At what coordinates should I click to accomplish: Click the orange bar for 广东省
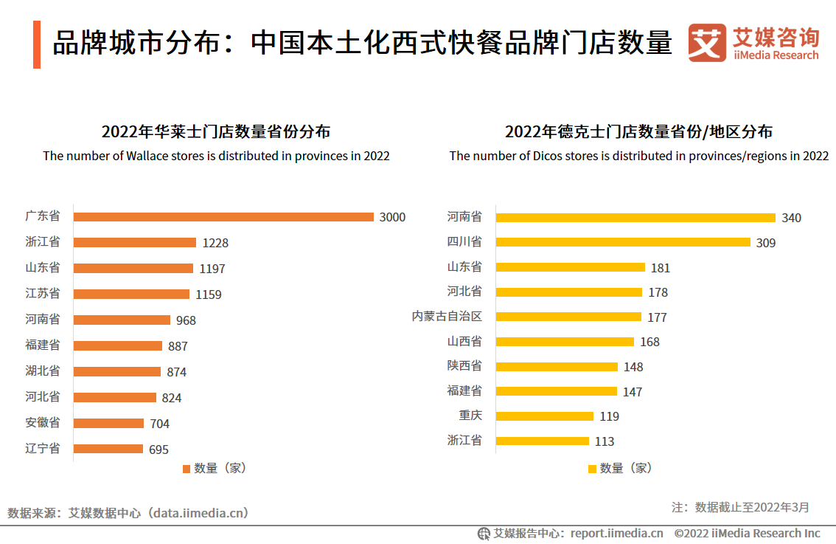(x=223, y=217)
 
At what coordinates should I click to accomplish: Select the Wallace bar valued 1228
(x=135, y=243)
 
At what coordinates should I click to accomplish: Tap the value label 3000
(x=392, y=217)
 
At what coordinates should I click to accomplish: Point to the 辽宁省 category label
(x=43, y=448)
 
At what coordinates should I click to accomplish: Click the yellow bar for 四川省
(x=623, y=242)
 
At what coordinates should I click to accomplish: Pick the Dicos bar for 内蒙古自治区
(x=568, y=317)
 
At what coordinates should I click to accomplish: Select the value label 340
(x=791, y=218)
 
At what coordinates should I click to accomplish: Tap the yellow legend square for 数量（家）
(x=592, y=469)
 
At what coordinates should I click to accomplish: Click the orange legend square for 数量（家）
(x=186, y=469)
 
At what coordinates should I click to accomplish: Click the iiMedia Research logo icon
(x=706, y=44)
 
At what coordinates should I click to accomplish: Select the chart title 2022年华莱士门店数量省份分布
(x=215, y=132)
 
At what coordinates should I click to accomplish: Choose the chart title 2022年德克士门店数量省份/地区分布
(x=638, y=132)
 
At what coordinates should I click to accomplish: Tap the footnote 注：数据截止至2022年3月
(x=740, y=507)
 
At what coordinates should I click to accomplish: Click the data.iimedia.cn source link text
(x=197, y=512)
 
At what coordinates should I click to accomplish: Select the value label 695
(x=159, y=450)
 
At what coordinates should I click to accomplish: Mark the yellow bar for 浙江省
(x=543, y=441)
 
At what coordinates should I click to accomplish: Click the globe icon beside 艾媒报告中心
(x=484, y=533)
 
